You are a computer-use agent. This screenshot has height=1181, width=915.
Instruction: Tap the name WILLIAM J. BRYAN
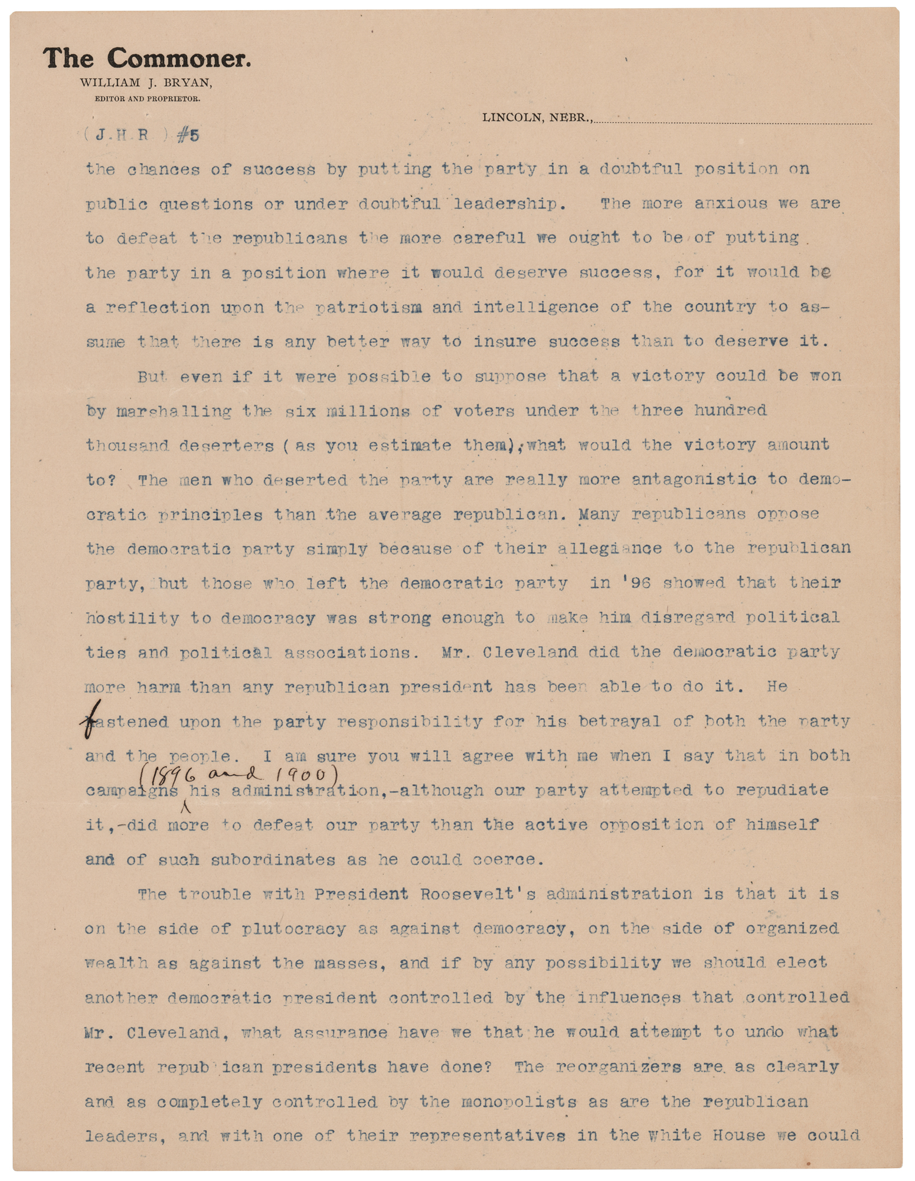coord(146,83)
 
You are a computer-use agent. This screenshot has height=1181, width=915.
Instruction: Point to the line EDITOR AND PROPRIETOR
coord(148,99)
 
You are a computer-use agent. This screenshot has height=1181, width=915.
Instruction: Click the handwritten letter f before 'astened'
coord(90,722)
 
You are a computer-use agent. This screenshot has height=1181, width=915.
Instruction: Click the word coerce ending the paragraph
coord(508,859)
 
